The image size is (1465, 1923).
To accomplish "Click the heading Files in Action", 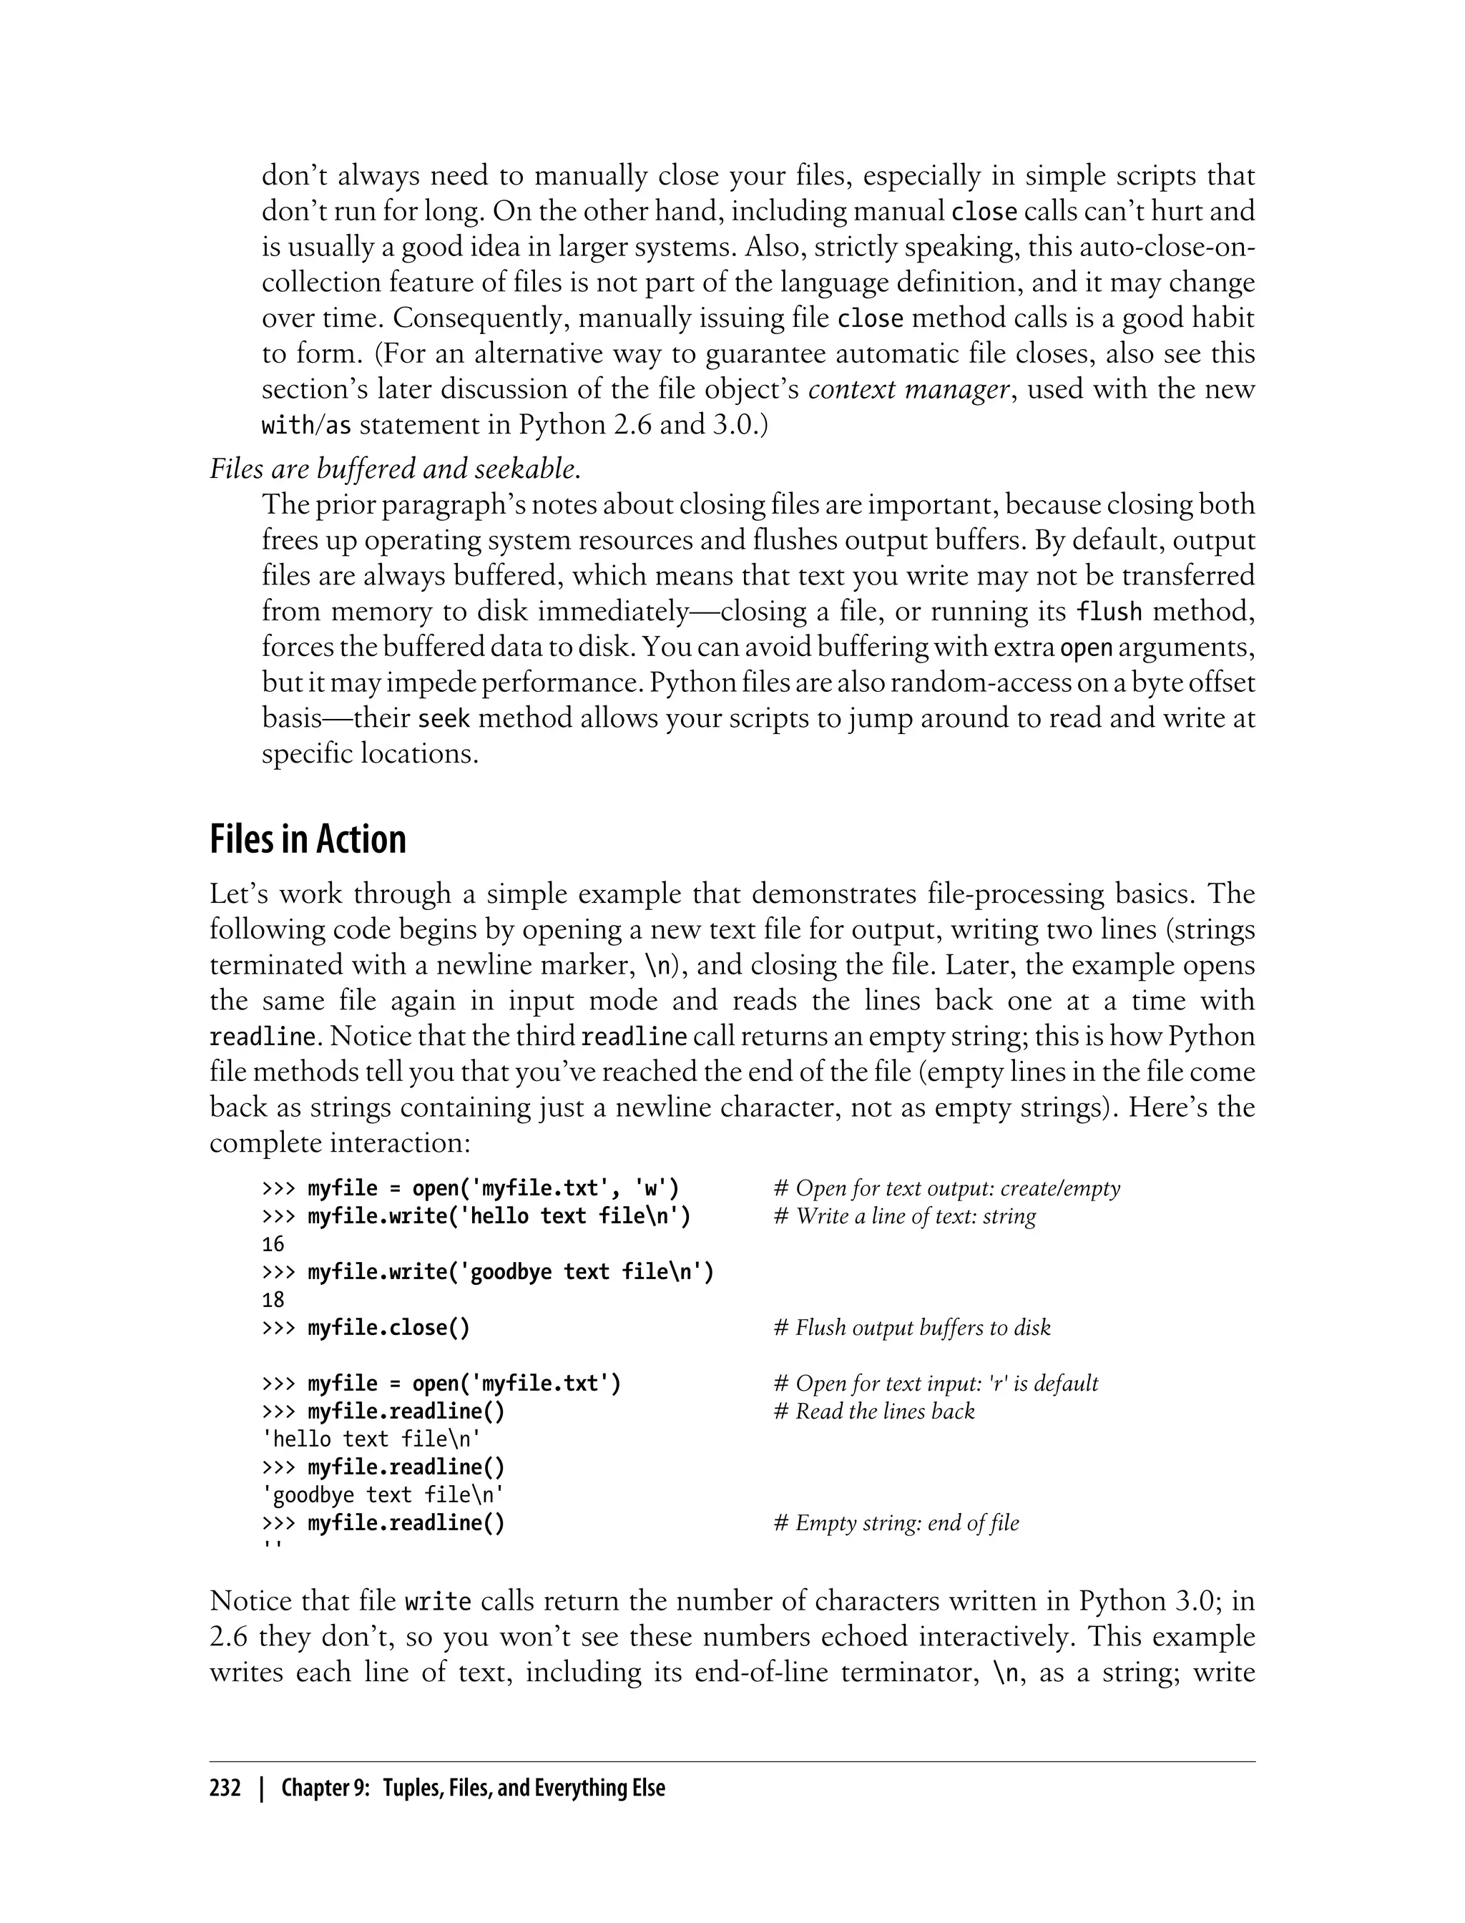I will (308, 840).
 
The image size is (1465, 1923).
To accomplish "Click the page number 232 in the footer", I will (225, 1789).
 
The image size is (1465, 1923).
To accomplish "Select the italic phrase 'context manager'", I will (908, 389).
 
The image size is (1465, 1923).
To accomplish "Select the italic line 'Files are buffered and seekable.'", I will (395, 469).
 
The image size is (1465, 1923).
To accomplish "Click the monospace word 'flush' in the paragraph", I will (1108, 612).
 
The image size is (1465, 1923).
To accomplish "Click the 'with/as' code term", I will (306, 426).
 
